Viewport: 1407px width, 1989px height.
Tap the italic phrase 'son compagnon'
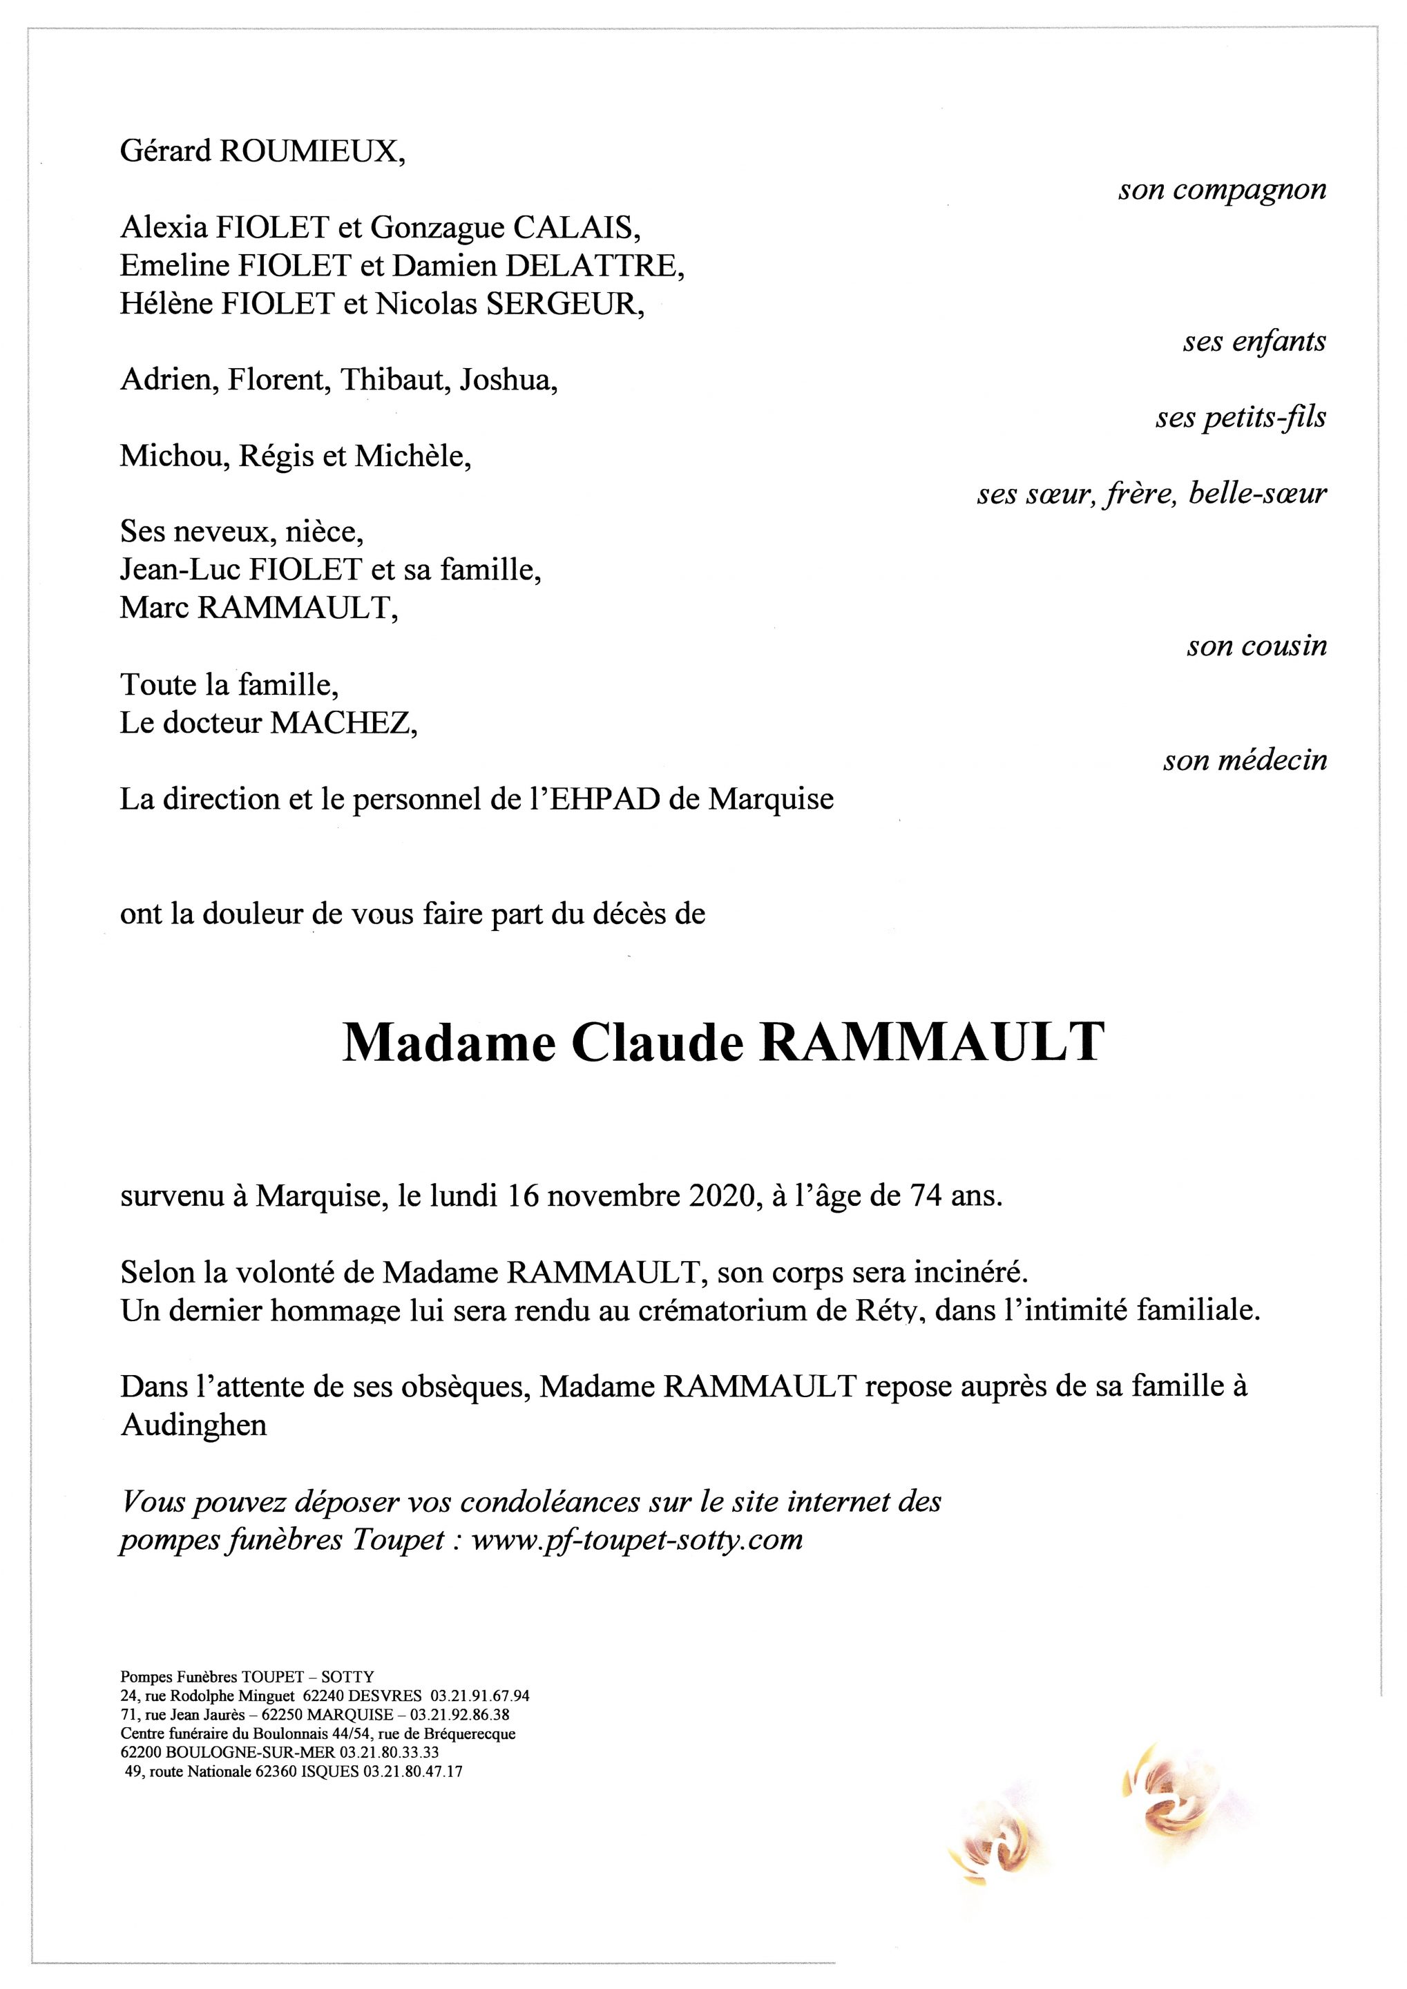(x=1222, y=190)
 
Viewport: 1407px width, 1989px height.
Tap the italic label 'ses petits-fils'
(x=1240, y=419)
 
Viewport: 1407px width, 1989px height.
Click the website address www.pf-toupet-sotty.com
(x=638, y=1540)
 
